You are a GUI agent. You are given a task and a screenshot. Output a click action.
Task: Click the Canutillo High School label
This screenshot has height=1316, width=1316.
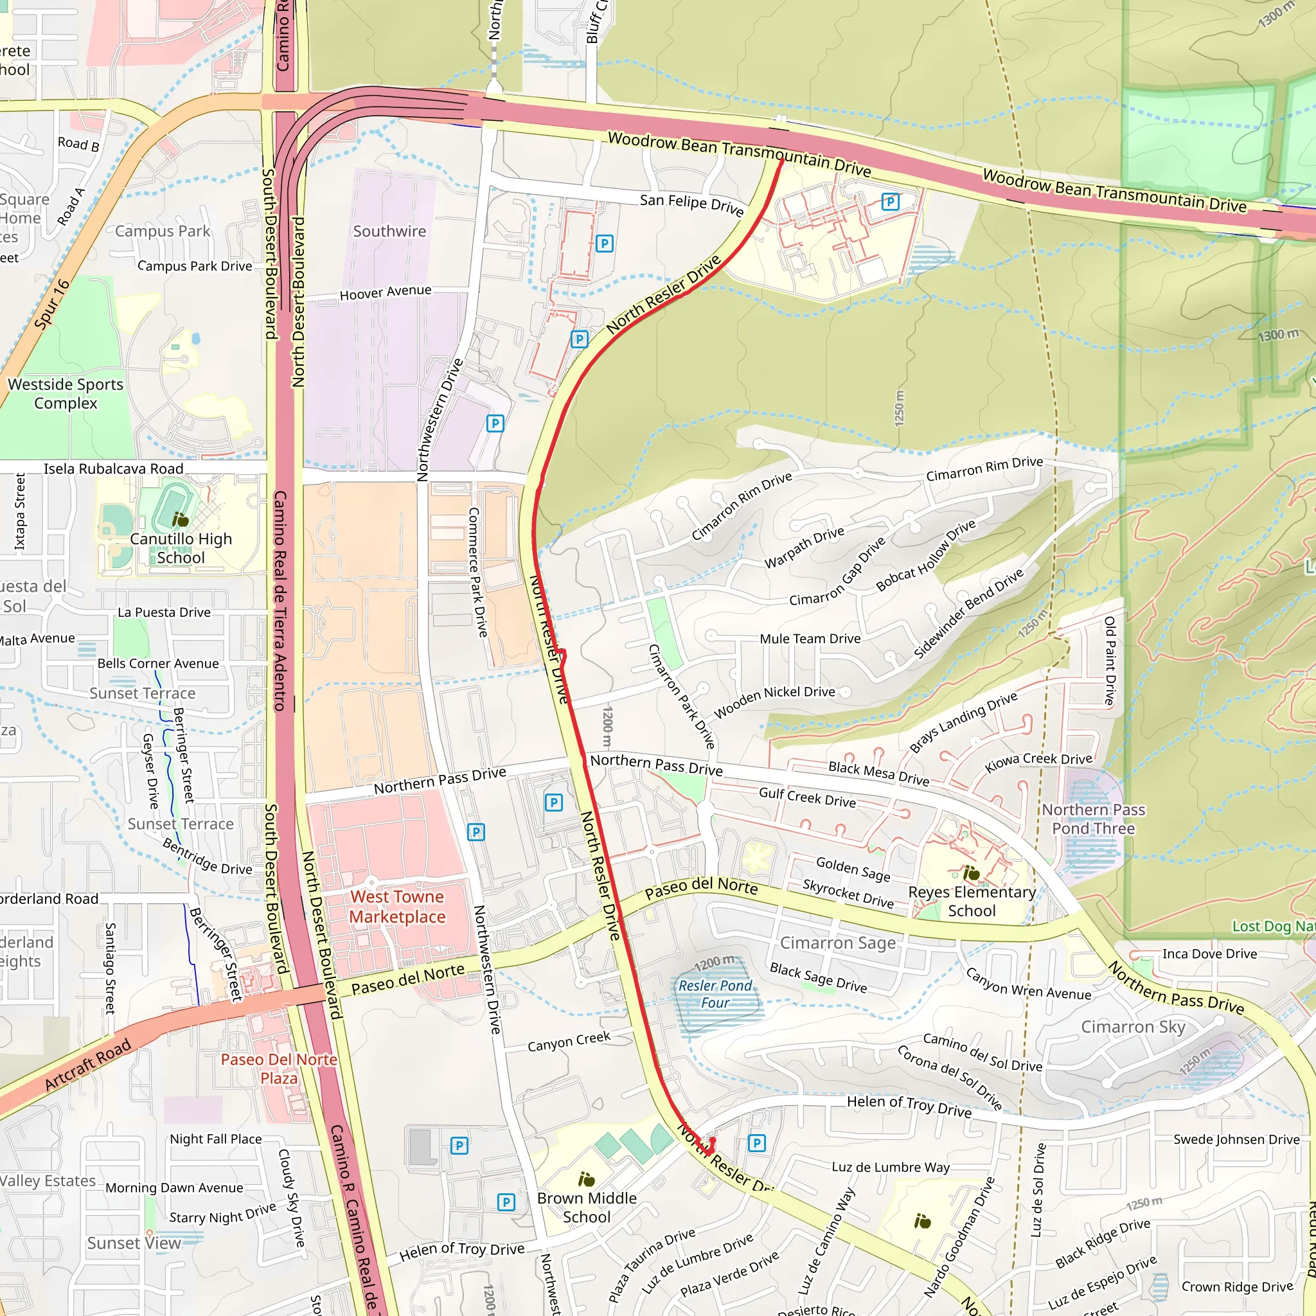click(181, 548)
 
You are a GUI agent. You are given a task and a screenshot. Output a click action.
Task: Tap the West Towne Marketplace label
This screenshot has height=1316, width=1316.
click(397, 907)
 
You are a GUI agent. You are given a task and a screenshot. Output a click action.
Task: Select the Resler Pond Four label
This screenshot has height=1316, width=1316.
click(715, 994)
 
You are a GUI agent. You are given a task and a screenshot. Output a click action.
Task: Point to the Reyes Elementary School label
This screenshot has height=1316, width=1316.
click(972, 901)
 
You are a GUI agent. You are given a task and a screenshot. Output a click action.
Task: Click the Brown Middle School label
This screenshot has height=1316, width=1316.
click(587, 1207)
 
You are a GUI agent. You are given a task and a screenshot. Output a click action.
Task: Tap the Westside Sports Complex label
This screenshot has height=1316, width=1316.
click(66, 394)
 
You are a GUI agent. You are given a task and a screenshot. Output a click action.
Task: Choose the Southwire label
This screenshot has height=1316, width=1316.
click(389, 231)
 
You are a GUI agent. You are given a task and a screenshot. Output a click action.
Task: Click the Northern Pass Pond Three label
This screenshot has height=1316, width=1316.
click(1093, 819)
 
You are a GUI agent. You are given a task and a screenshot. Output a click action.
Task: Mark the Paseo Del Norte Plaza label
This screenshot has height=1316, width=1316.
click(279, 1069)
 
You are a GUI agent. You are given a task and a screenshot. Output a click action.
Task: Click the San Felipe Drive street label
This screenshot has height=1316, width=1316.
click(691, 204)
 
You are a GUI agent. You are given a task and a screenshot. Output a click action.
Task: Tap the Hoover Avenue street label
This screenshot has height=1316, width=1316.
click(386, 292)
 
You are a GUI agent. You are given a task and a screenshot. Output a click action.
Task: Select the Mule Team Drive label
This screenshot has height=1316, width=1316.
click(810, 638)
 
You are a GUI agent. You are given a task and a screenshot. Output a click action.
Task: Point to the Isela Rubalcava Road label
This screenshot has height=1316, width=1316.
click(114, 468)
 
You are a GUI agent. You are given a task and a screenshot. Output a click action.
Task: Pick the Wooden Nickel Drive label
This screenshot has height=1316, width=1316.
click(774, 702)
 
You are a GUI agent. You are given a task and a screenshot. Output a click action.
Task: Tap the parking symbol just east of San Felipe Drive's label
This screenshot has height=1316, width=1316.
click(889, 202)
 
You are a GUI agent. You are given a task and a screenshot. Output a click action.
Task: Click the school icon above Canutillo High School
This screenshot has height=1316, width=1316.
click(181, 520)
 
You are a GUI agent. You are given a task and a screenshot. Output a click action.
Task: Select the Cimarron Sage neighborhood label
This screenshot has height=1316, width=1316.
click(838, 943)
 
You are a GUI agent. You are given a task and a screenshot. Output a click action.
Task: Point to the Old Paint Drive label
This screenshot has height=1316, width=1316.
click(1110, 661)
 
